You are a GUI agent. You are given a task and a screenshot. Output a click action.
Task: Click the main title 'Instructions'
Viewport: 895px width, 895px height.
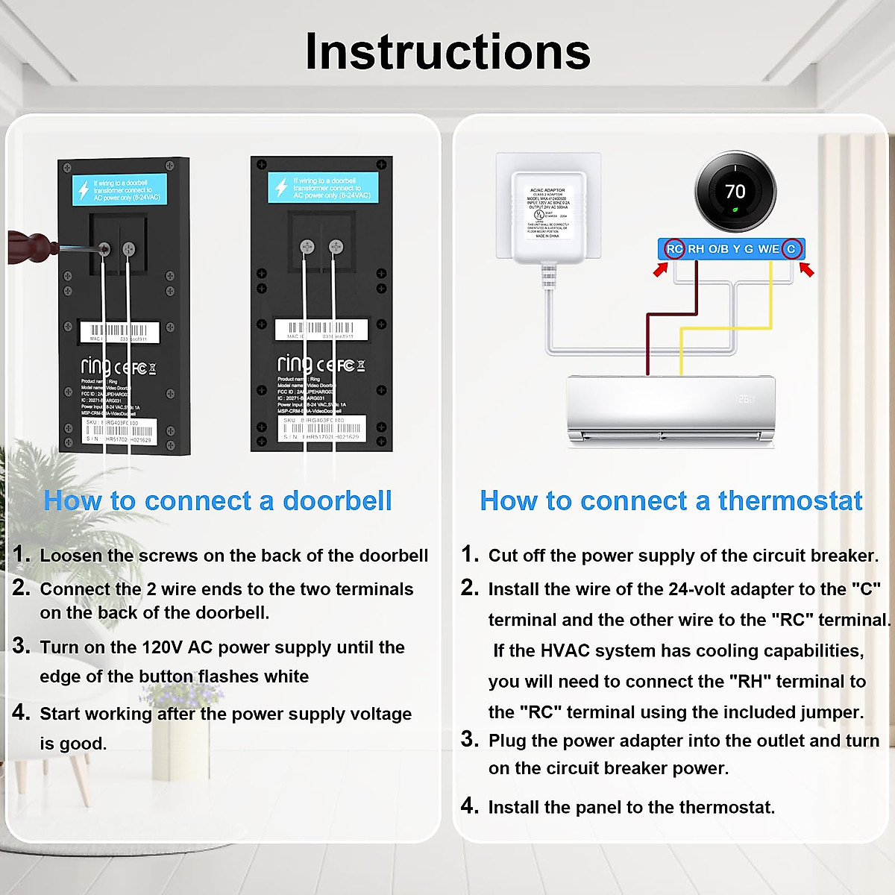[447, 52]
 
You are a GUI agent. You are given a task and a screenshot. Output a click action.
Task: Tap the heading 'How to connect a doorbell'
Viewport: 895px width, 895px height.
[218, 500]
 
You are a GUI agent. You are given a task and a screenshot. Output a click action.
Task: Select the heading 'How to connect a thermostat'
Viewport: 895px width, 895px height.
[671, 500]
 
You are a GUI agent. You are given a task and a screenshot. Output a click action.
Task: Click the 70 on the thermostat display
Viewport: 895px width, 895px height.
[735, 192]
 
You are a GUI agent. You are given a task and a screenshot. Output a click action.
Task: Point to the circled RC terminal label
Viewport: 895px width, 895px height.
[674, 249]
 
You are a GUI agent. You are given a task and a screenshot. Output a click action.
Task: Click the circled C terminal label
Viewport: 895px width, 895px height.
[791, 249]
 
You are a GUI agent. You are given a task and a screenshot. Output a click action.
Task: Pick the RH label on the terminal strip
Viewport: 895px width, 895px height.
[696, 249]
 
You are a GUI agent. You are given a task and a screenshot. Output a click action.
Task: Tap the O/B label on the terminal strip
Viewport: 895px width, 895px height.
[718, 249]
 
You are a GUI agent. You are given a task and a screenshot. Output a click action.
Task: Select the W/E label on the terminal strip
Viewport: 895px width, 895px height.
[768, 249]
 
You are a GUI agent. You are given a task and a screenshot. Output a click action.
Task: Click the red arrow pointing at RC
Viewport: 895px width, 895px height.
[660, 270]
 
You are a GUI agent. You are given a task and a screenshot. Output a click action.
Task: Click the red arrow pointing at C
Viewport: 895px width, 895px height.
[806, 269]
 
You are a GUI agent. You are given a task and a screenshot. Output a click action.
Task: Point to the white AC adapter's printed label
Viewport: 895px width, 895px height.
[548, 213]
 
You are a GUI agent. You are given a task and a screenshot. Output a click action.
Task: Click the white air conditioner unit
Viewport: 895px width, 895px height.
[671, 410]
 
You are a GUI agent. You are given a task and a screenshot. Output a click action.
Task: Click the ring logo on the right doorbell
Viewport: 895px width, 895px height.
[295, 364]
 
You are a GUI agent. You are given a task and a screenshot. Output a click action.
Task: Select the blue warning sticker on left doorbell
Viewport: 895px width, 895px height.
[119, 189]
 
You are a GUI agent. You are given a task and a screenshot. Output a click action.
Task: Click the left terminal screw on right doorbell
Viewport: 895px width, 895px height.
[307, 246]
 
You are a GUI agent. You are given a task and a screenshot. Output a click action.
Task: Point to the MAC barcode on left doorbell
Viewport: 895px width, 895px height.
[119, 330]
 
